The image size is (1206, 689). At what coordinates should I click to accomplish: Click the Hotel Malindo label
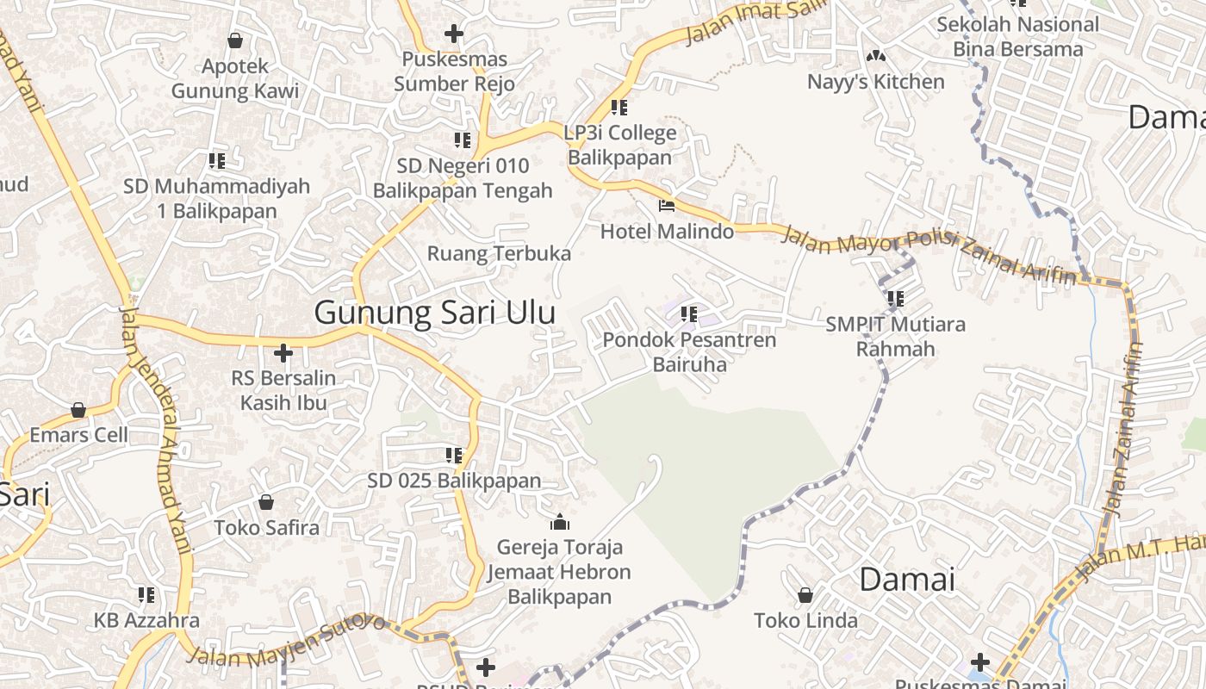point(667,231)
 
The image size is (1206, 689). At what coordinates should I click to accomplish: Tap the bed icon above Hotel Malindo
point(666,206)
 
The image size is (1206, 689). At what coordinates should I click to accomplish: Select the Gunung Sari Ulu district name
point(434,312)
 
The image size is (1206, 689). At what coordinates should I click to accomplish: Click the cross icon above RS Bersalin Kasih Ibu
point(283,353)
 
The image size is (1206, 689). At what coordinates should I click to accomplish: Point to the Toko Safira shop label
point(266,527)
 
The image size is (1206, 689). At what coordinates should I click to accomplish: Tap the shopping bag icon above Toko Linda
point(805,595)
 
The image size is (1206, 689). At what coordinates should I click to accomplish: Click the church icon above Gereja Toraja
point(560,522)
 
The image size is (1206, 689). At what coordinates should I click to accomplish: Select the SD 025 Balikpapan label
point(454,481)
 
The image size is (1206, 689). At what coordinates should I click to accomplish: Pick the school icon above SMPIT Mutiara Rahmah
point(896,299)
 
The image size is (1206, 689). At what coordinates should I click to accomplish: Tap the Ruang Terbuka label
point(499,253)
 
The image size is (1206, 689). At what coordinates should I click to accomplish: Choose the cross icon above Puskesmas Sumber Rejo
point(454,34)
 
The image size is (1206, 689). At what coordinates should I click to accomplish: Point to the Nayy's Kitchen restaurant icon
point(876,57)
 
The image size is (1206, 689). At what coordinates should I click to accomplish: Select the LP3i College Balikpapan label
point(619,146)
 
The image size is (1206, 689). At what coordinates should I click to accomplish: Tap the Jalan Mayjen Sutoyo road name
point(286,642)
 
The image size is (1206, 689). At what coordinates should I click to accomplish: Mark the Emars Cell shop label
point(78,434)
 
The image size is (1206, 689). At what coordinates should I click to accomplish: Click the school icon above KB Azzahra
point(146,594)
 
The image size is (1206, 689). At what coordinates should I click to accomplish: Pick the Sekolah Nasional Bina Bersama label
point(1017,36)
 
